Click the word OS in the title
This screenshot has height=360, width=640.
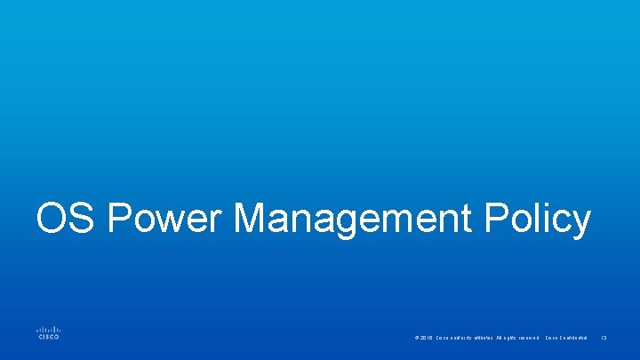click(x=61, y=219)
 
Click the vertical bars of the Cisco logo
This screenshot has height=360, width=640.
click(x=48, y=327)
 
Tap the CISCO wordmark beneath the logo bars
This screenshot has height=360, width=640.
click(x=48, y=337)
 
